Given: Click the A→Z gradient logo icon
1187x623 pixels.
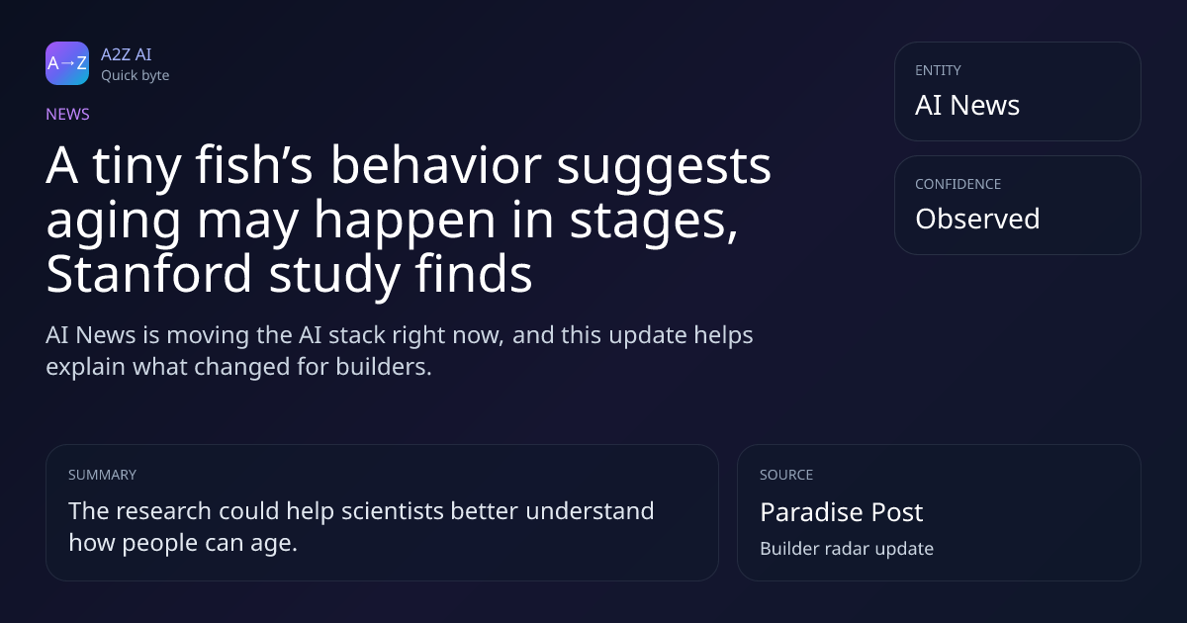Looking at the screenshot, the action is coord(67,63).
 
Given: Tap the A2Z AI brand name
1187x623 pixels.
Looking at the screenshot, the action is coord(127,54).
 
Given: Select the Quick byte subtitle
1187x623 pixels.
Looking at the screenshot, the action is coord(136,75).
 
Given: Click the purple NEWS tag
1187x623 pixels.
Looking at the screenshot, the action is coord(67,114).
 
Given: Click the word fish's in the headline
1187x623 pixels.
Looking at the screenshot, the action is coord(254,165).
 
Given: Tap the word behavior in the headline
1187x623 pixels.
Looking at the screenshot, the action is coord(436,165).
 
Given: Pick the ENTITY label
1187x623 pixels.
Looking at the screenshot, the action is coord(938,70).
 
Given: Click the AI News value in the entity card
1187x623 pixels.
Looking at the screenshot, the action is coord(967,105).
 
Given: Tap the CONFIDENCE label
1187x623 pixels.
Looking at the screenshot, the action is coord(959,184).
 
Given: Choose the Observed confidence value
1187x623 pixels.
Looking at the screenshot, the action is coord(977,219).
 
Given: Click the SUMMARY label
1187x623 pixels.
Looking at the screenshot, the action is coord(102,475).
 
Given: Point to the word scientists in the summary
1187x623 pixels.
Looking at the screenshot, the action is coord(392,511).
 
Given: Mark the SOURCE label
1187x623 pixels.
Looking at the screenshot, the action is coord(786,475).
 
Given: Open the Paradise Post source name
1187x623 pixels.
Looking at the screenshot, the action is coord(842,512).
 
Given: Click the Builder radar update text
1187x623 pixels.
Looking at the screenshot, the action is coord(847,549).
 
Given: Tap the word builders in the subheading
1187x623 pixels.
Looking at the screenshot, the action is coord(384,367).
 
